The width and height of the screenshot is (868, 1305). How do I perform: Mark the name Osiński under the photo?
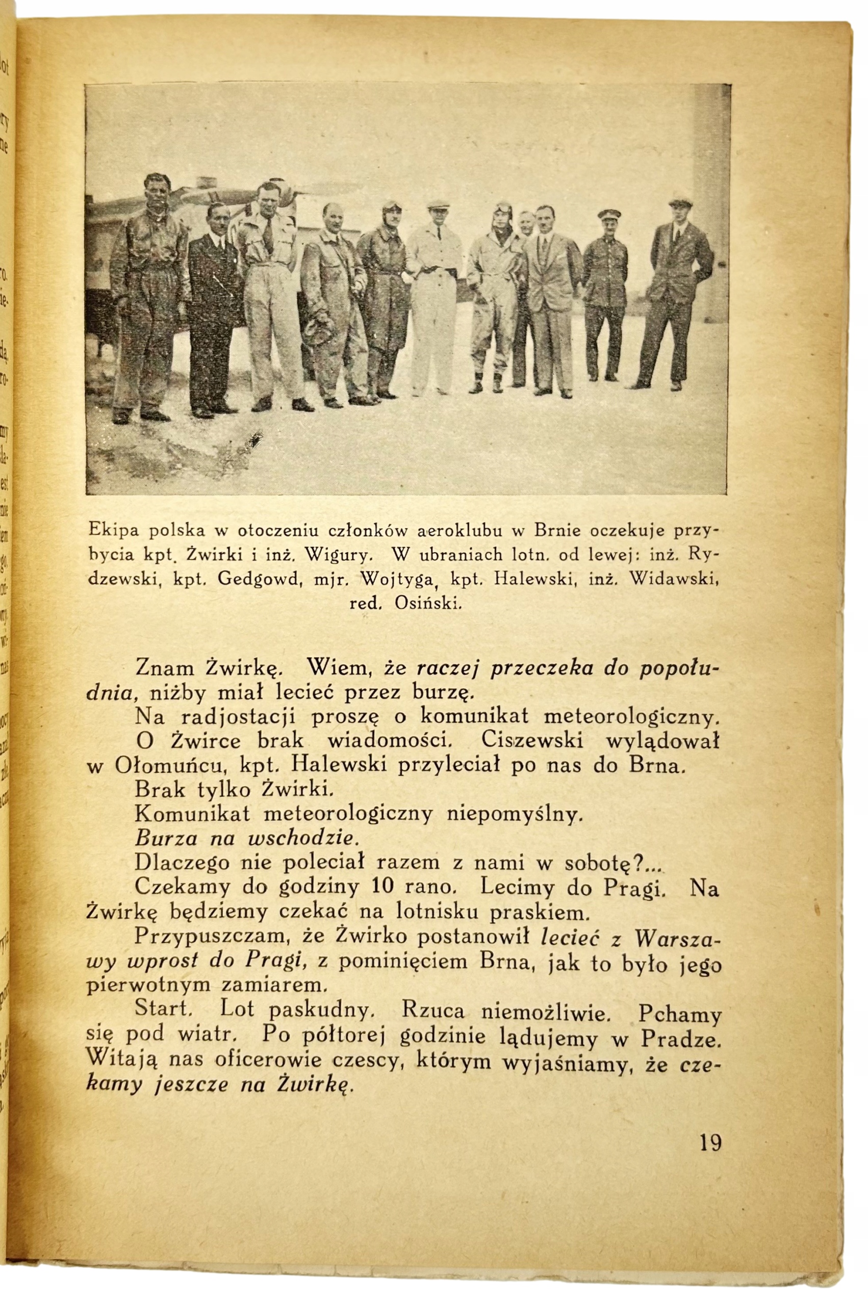point(428,603)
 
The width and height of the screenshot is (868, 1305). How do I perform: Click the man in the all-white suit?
point(435,296)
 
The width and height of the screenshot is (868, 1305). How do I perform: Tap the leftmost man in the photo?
point(145,293)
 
